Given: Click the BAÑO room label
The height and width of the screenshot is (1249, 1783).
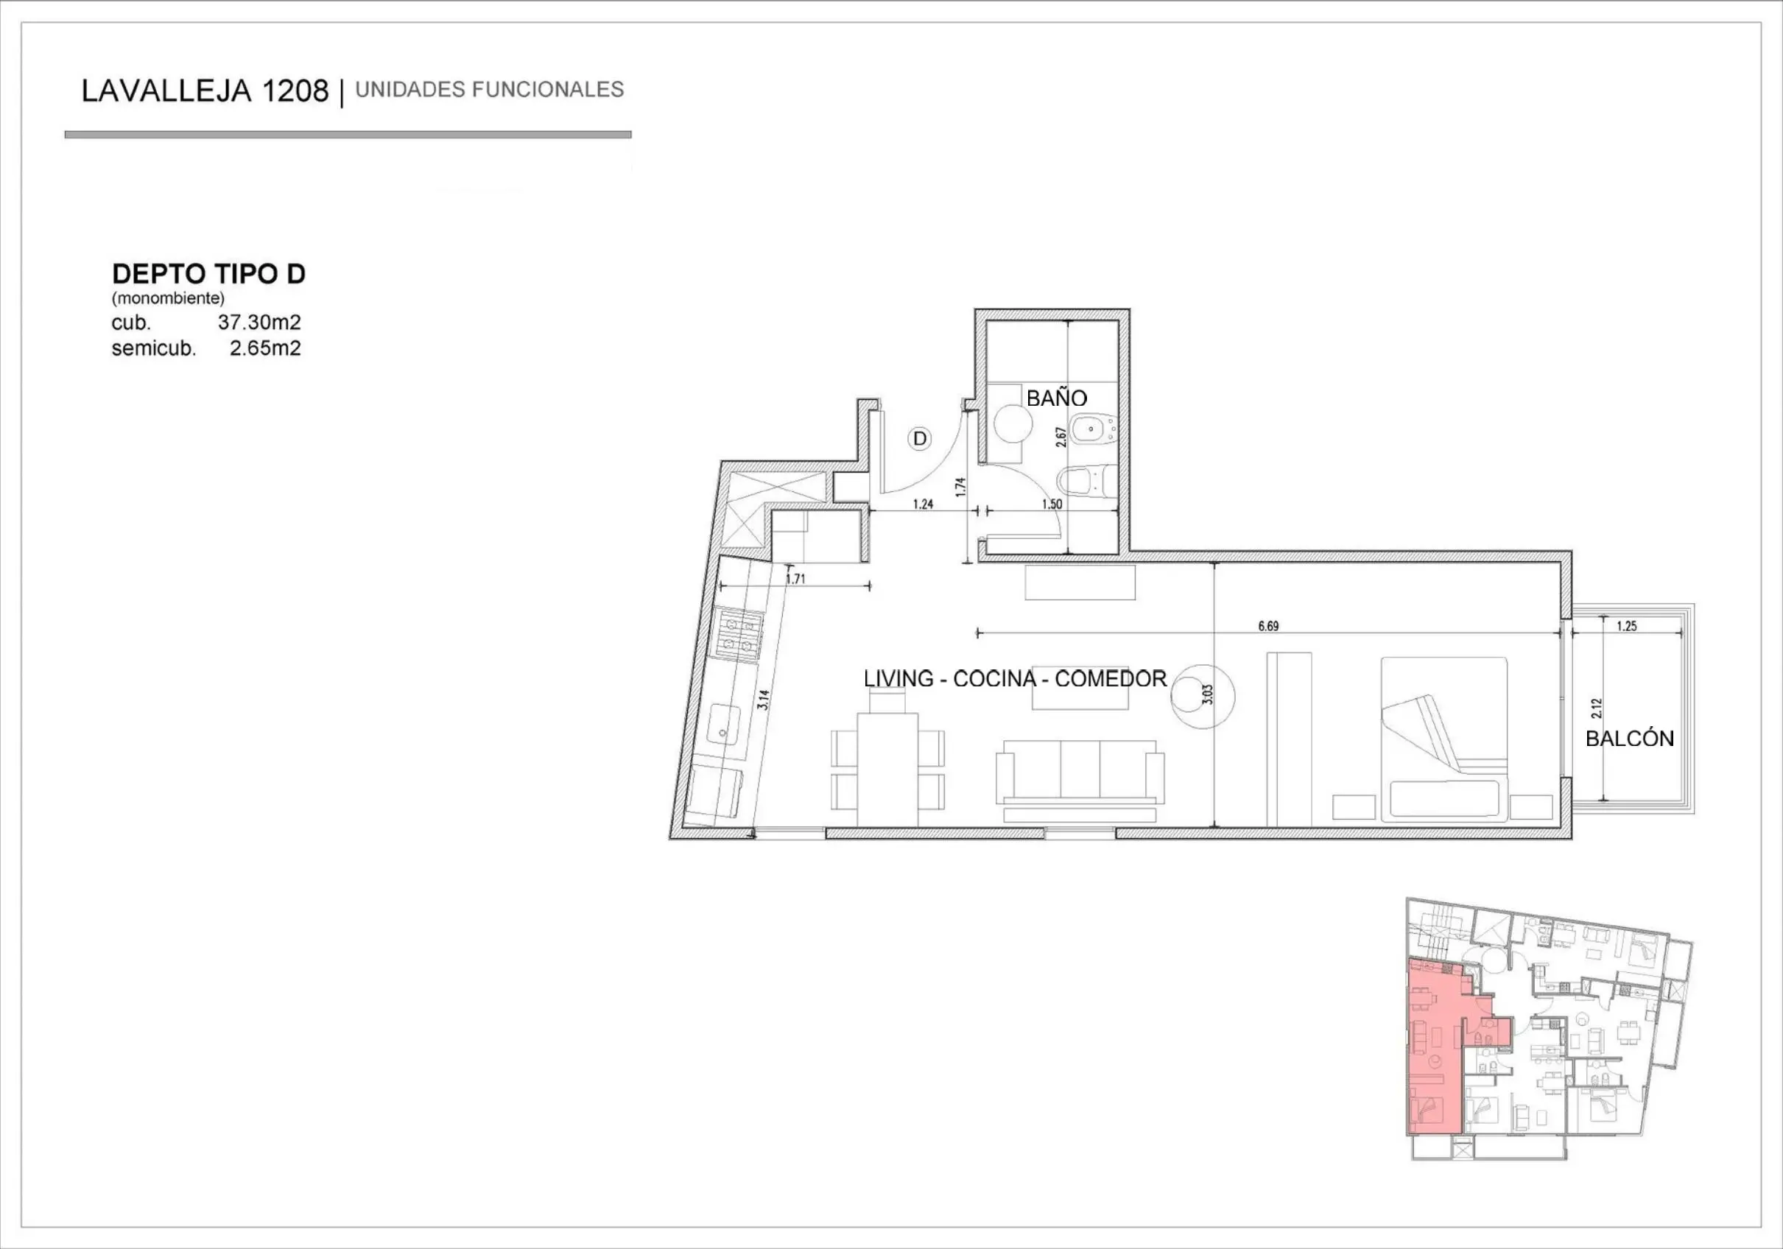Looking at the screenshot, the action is click(x=1056, y=398).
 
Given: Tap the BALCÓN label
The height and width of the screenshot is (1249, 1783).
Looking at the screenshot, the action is click(x=1629, y=738).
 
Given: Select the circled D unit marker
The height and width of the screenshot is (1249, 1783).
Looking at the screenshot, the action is click(x=919, y=439).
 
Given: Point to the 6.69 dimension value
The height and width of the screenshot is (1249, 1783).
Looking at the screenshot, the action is click(x=1268, y=626).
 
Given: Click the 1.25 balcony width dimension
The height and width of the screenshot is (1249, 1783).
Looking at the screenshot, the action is click(x=1626, y=626).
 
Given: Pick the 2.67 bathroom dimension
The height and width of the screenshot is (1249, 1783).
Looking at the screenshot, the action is click(x=1060, y=437).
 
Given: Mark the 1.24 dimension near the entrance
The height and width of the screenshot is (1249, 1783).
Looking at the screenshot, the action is click(x=923, y=504).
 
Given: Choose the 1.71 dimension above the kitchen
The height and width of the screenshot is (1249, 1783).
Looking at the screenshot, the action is click(x=795, y=579).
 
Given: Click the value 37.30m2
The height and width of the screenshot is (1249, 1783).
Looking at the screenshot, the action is click(x=259, y=323).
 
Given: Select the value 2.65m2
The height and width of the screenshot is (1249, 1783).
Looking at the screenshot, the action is click(x=265, y=348).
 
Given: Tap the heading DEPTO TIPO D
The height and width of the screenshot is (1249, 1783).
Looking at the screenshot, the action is click(x=209, y=273).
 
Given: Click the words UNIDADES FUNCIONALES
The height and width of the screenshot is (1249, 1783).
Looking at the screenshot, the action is click(x=489, y=90).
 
